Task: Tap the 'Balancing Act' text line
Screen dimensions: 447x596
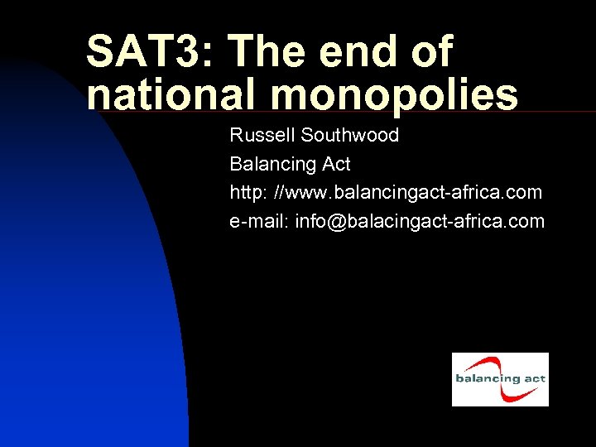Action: (290, 164)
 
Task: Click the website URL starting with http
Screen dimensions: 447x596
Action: (386, 193)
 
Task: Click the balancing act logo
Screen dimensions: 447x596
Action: (500, 379)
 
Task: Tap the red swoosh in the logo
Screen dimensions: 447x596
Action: (497, 364)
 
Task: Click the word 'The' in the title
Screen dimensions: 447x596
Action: (270, 52)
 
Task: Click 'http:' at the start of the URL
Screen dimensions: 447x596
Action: (248, 193)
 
